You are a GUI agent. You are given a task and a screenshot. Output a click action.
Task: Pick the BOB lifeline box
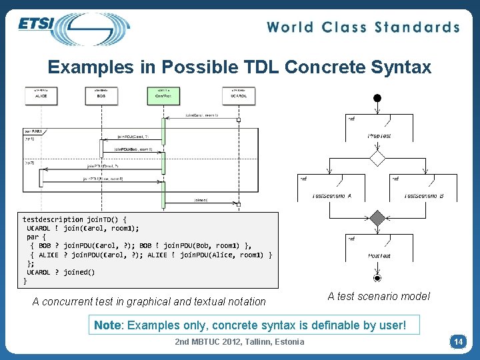[x=101, y=95]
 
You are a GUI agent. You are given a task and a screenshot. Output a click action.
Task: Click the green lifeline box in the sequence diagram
[x=163, y=95]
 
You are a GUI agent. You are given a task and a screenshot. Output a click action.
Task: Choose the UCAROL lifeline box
[x=238, y=95]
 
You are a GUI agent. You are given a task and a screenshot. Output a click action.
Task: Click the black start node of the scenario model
[x=377, y=99]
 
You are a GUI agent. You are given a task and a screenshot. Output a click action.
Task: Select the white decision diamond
[x=378, y=158]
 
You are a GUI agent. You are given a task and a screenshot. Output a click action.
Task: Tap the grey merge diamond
[x=378, y=218]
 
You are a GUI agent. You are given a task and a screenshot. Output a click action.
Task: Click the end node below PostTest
[x=378, y=277]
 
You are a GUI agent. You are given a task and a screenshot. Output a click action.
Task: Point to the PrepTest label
[x=379, y=136]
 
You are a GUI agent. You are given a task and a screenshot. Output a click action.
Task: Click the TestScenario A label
[x=332, y=196]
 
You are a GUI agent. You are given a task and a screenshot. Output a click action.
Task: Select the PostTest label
[x=379, y=255]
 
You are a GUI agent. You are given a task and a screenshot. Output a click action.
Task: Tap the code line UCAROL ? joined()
[x=61, y=272]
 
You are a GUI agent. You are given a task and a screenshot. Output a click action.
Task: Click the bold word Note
[x=108, y=325]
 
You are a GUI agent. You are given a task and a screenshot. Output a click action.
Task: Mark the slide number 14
[x=458, y=342]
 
